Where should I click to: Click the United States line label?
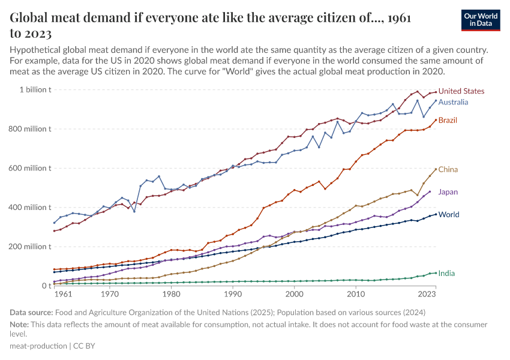[461, 91]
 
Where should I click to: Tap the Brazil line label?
[448, 120]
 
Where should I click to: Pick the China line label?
[448, 170]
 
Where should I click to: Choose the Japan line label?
[448, 192]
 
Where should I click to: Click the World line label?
[449, 214]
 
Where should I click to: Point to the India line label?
[446, 273]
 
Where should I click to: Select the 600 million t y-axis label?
[29, 168]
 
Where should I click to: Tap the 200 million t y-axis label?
[29, 247]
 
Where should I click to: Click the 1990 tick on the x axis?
[233, 295]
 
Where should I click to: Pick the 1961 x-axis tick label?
[62, 295]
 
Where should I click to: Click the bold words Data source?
[31, 312]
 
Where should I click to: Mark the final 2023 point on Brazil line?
[436, 119]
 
